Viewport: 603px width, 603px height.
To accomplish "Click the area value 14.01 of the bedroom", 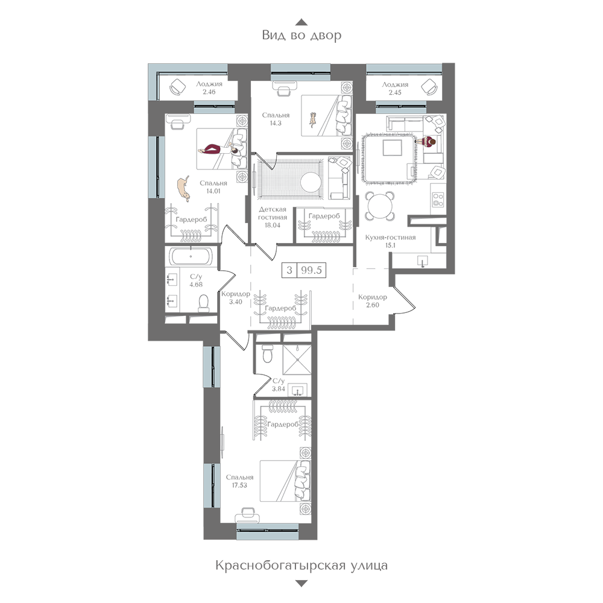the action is [213, 191].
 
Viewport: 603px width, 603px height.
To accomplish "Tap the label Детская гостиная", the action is [273, 213].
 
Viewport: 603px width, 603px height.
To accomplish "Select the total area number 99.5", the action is [312, 270].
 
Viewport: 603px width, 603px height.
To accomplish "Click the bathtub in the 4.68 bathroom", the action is [191, 256].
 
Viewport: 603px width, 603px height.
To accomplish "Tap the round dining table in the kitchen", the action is [380, 206].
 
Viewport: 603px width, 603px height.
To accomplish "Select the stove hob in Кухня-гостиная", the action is [438, 200].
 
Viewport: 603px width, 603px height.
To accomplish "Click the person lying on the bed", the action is [219, 149].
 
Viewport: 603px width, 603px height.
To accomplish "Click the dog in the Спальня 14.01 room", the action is [184, 188].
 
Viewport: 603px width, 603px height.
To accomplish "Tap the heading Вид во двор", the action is [301, 36].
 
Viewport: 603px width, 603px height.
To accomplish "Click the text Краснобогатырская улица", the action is [301, 566].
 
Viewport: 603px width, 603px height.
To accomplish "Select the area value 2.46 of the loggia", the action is [209, 92].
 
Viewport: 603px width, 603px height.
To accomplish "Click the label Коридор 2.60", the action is [372, 301].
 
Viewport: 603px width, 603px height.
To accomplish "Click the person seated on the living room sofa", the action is [428, 142].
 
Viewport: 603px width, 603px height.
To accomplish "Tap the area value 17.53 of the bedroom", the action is [239, 485].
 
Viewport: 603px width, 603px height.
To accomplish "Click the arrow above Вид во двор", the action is [301, 22].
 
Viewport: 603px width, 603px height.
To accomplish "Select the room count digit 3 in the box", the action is [289, 270].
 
